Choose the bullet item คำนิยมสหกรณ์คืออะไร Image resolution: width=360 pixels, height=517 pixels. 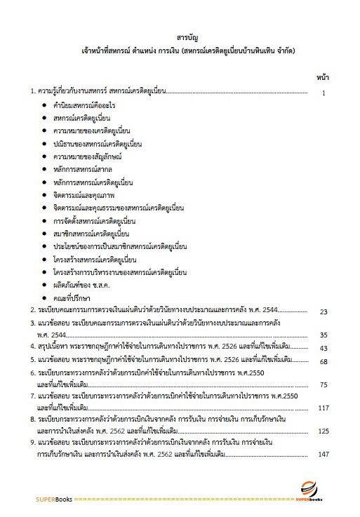[x=84, y=105]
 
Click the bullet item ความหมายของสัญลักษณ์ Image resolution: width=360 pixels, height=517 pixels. [x=88, y=156]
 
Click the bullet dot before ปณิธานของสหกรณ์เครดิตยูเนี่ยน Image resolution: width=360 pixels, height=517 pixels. [x=44, y=144]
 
